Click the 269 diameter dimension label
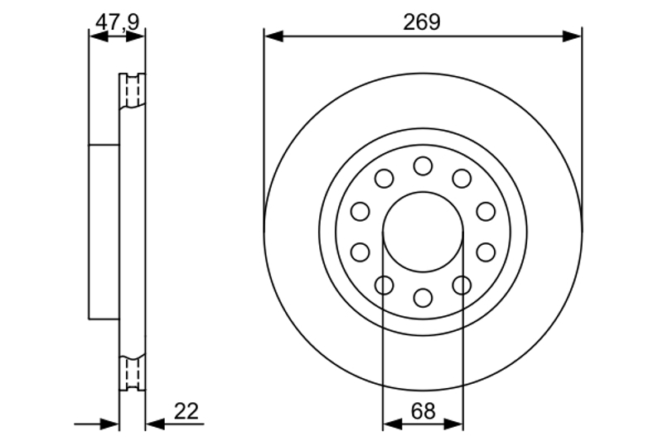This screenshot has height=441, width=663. tap(422, 22)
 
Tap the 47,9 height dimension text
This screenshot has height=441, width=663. tap(116, 22)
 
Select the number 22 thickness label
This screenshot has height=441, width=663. tap(187, 411)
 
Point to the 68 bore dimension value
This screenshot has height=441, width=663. tap(422, 410)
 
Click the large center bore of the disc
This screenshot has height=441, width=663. tap(422, 232)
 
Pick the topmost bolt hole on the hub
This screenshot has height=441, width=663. tap(423, 165)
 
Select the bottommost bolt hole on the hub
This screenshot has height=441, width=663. tap(423, 297)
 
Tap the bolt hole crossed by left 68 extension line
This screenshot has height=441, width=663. tap(384, 285)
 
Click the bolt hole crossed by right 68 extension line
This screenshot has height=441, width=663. tap(462, 285)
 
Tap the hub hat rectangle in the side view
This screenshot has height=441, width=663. tap(104, 232)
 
